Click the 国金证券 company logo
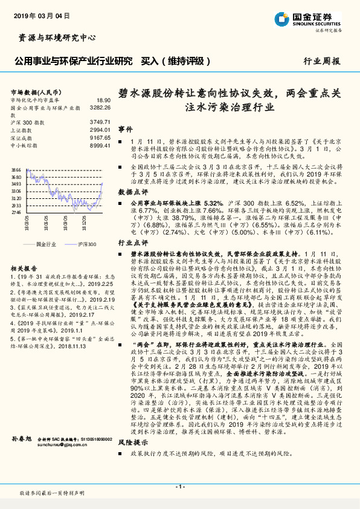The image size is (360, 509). click(x=312, y=18)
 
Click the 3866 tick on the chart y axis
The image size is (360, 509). click(x=16, y=170)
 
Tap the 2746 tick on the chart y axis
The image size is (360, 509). click(x=16, y=212)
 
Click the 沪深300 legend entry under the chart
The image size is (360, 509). click(x=86, y=243)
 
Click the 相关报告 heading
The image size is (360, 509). click(x=24, y=267)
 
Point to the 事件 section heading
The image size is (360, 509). click(x=125, y=129)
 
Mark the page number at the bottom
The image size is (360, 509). click(x=179, y=486)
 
